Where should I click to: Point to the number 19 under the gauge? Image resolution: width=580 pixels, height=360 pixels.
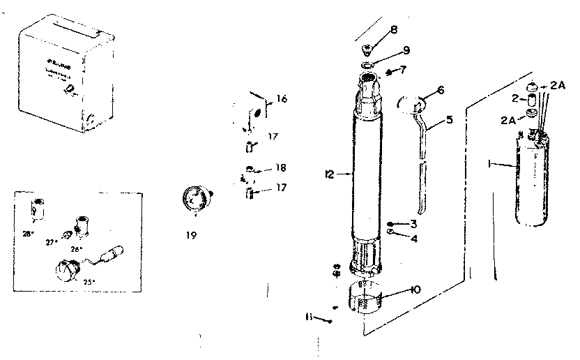click(x=191, y=236)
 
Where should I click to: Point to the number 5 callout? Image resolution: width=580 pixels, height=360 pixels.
click(x=450, y=119)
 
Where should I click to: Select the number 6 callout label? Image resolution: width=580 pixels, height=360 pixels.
click(x=441, y=90)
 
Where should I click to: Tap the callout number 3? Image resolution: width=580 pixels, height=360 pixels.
click(x=413, y=224)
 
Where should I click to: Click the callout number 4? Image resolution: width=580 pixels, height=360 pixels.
click(x=413, y=238)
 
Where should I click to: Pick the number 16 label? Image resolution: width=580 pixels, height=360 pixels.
click(x=282, y=99)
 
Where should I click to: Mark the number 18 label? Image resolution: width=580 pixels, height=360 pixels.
click(x=281, y=168)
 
